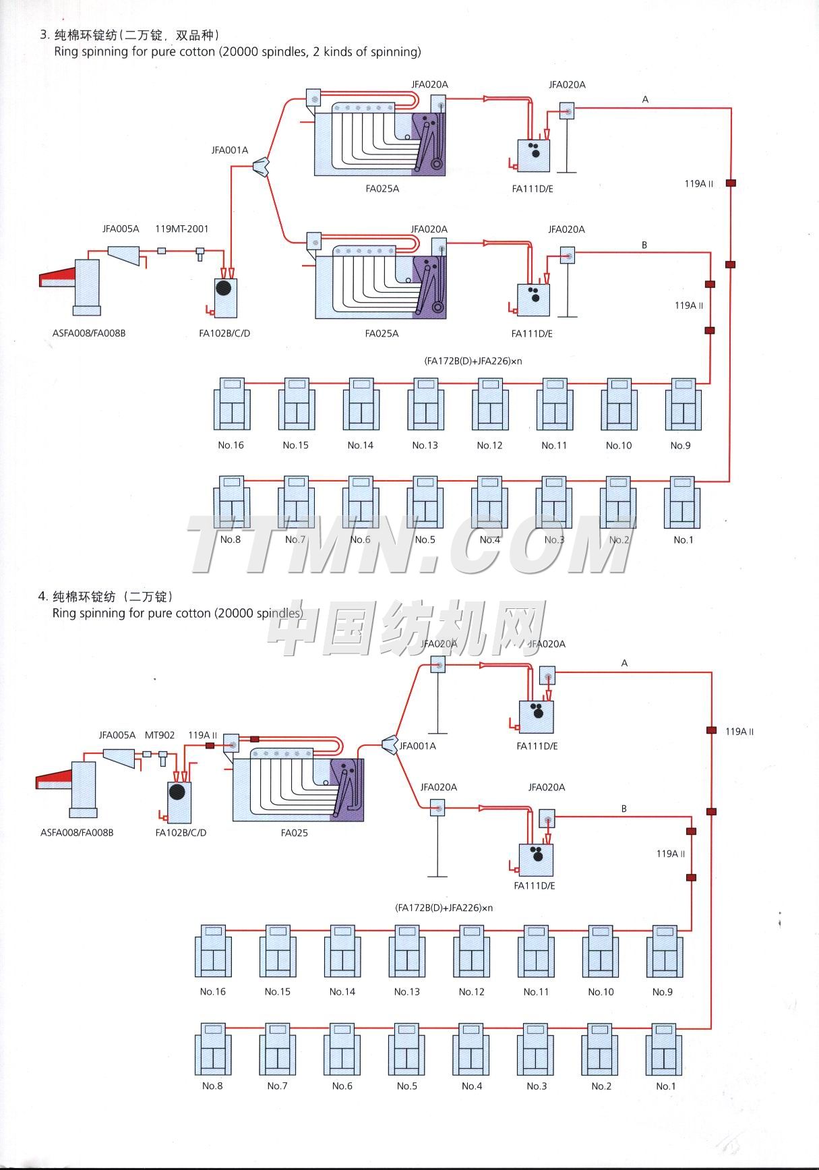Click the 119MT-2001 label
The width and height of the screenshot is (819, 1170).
pyautogui.click(x=181, y=229)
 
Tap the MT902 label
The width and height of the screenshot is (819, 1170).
pyautogui.click(x=160, y=735)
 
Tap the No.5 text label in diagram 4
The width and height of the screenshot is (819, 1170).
pyautogui.click(x=406, y=1086)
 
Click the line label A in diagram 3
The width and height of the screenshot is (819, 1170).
pyautogui.click(x=645, y=100)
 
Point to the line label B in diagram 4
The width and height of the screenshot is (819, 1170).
pyautogui.click(x=624, y=809)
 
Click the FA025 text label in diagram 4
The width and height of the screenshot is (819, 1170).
pyautogui.click(x=294, y=833)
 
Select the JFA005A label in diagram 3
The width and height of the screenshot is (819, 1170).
pyautogui.click(x=121, y=229)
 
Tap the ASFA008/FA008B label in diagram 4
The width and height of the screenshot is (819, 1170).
pyautogui.click(x=77, y=833)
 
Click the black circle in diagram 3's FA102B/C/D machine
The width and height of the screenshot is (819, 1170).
pyautogui.click(x=224, y=288)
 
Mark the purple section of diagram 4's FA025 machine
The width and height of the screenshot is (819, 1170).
pyautogui.click(x=347, y=789)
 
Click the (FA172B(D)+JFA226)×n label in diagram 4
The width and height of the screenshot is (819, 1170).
pyautogui.click(x=444, y=908)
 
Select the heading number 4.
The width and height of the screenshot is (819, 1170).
pyautogui.click(x=42, y=596)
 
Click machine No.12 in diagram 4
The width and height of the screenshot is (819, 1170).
pyautogui.click(x=472, y=951)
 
